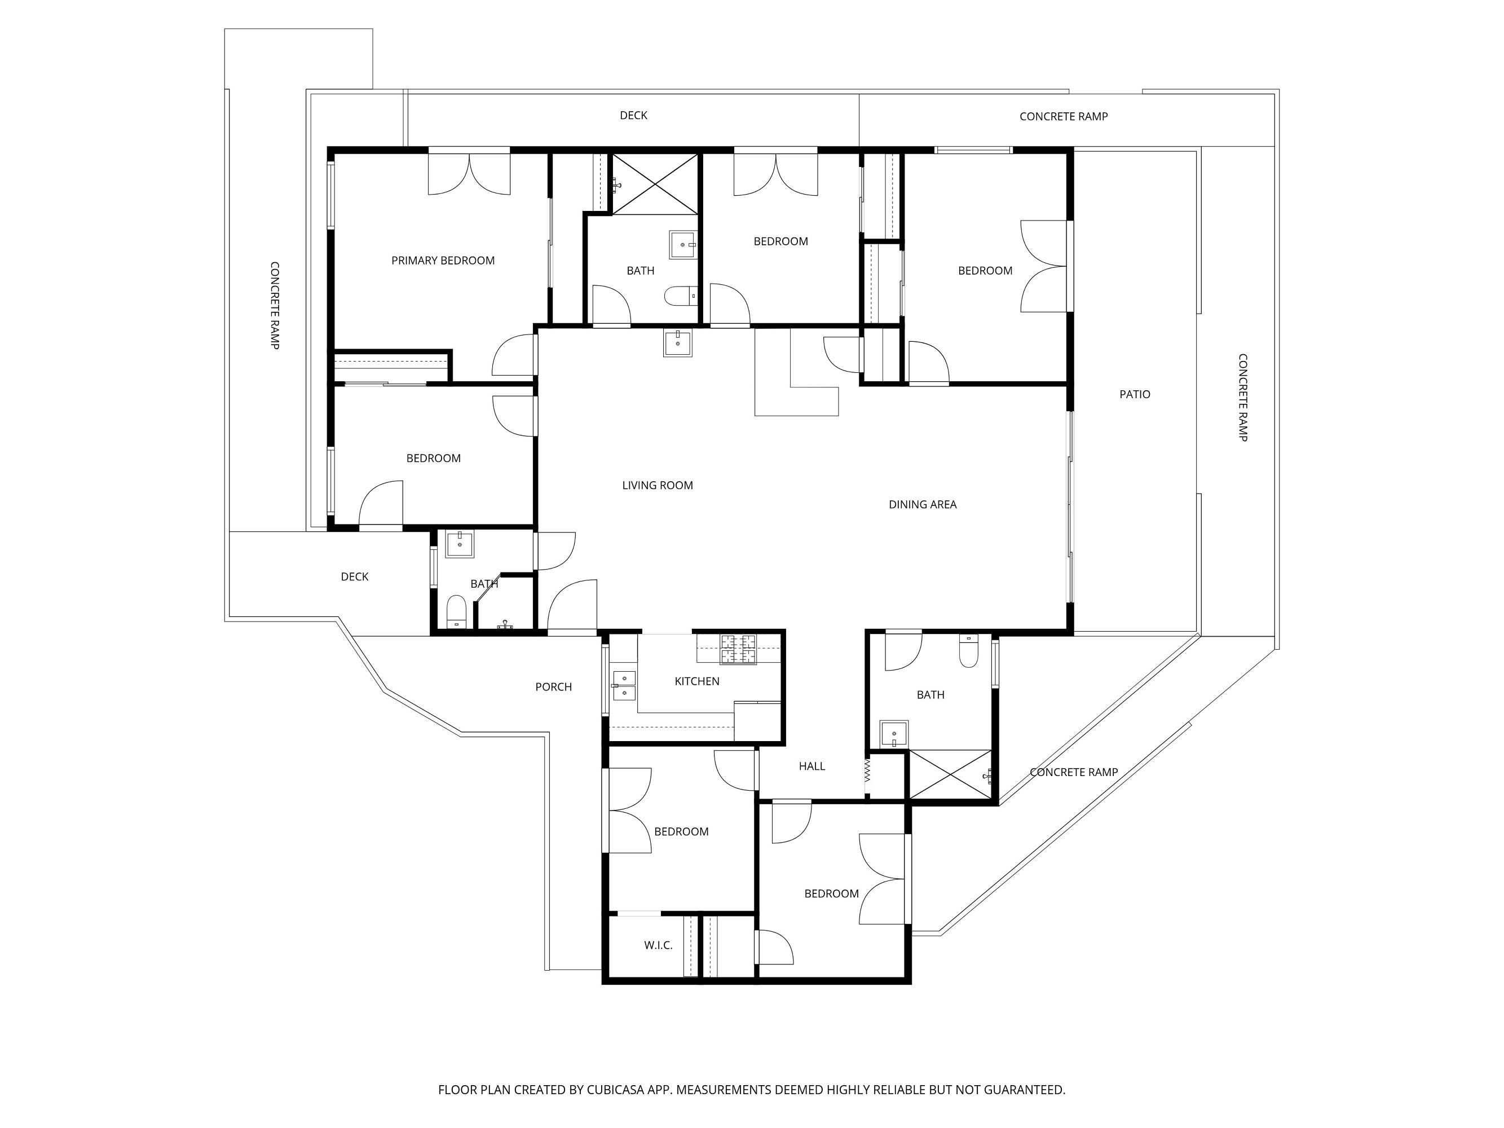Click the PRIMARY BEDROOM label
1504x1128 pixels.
point(443,261)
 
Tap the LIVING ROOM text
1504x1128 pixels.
point(658,486)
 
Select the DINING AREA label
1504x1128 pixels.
point(923,505)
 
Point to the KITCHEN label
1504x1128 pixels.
point(697,681)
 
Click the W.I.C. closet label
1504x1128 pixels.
point(658,945)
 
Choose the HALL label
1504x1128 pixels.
point(812,766)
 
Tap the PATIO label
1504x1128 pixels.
point(1135,394)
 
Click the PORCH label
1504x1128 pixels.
point(553,687)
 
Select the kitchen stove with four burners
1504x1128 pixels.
point(738,649)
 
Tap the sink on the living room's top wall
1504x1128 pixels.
point(678,343)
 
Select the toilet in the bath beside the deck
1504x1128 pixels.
point(456,612)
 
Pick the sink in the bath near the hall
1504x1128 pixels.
point(894,734)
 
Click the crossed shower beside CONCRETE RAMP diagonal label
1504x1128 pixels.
point(951,774)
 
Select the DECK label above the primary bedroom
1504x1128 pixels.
point(633,116)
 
